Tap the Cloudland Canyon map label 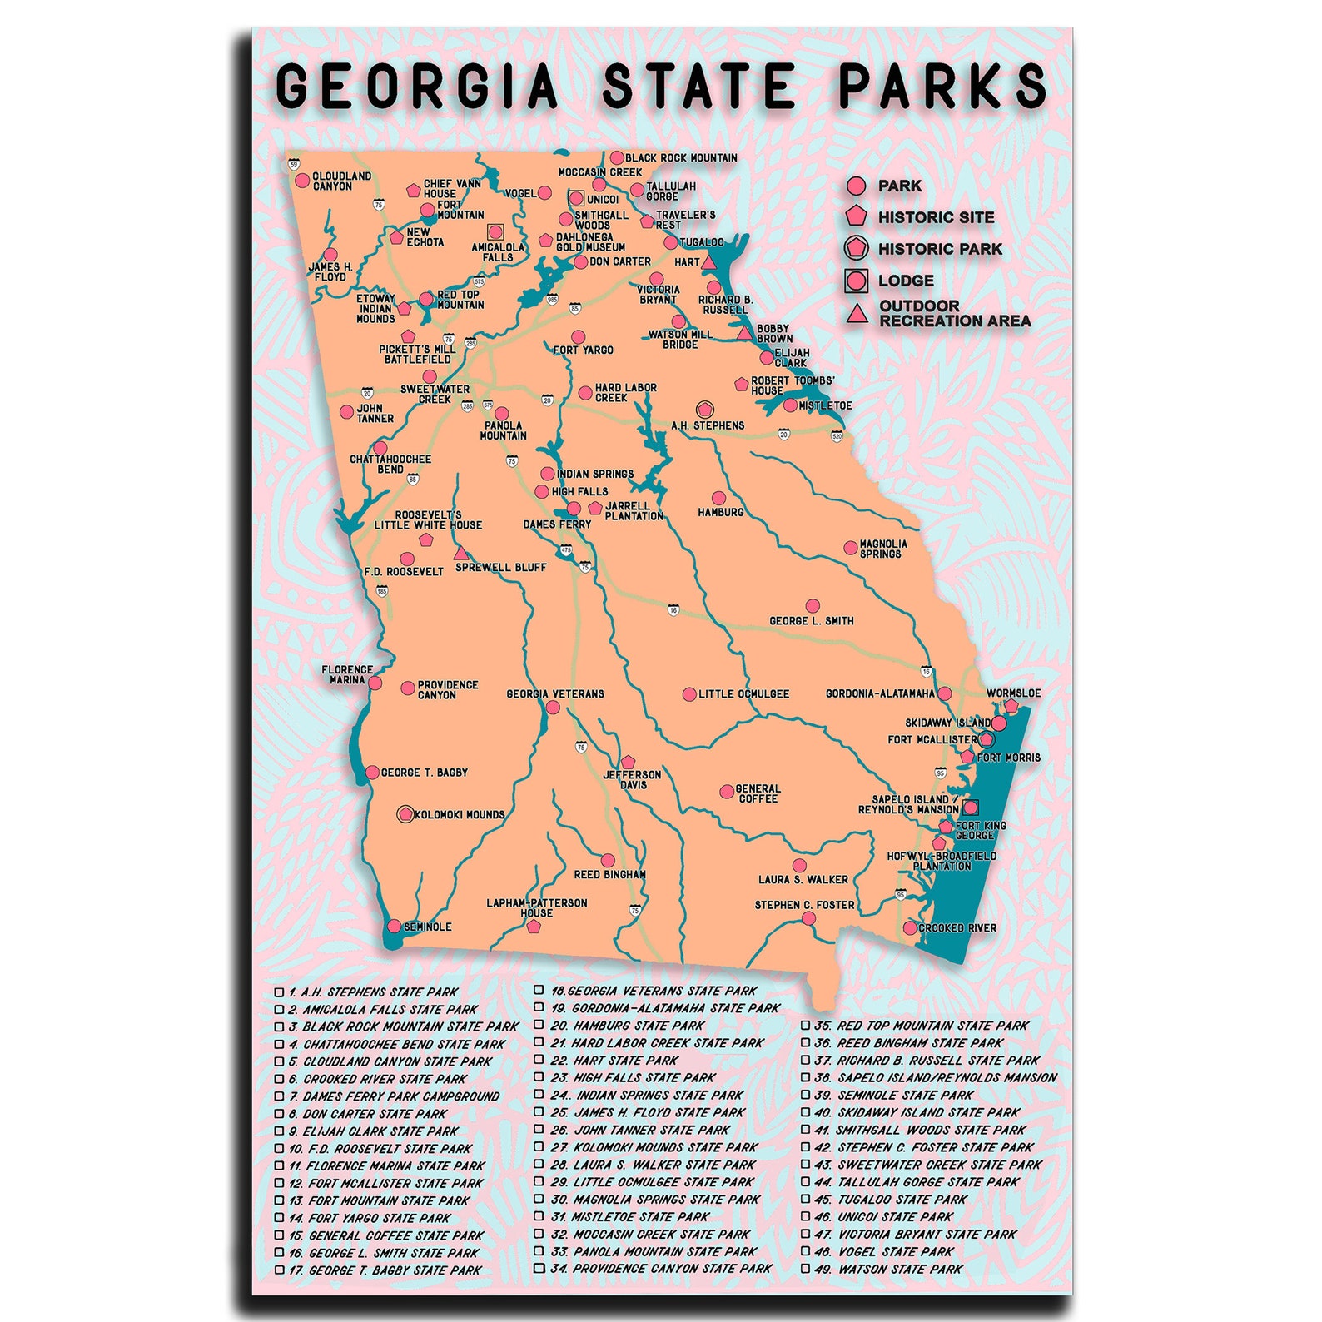point(341,181)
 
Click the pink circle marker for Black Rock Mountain point(617,157)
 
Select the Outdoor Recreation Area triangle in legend point(856,314)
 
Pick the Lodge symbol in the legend point(856,281)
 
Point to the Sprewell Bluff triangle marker point(460,553)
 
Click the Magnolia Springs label point(882,549)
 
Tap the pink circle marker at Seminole point(394,926)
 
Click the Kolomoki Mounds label point(460,815)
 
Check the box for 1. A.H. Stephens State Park point(280,992)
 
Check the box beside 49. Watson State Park point(805,1269)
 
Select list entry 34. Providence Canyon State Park point(672,1269)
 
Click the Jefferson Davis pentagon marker point(628,762)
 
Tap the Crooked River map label point(957,928)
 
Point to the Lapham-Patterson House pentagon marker point(534,926)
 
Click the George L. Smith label point(811,621)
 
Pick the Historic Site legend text point(936,218)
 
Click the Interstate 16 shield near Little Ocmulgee point(673,610)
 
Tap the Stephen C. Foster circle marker point(808,918)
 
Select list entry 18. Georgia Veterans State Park point(662,991)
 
